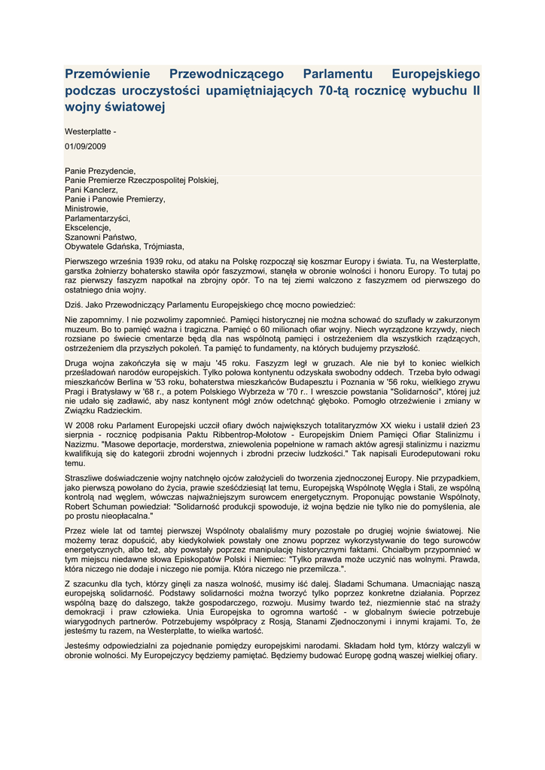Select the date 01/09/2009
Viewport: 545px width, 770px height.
(85, 147)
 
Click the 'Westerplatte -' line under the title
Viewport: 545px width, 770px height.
(90, 132)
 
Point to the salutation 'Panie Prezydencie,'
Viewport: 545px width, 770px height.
(100, 171)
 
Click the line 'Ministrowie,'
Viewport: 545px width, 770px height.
(87, 209)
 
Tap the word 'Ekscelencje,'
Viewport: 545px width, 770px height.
(88, 228)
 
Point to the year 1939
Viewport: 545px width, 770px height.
(165, 261)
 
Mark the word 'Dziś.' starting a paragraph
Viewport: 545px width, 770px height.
(74, 305)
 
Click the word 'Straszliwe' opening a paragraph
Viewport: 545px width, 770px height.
(85, 478)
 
